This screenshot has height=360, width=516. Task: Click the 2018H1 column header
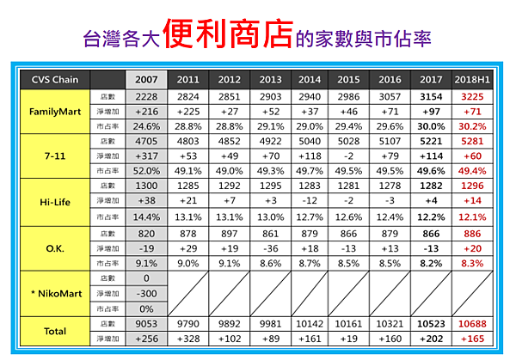click(472, 80)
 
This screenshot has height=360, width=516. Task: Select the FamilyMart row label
click(55, 112)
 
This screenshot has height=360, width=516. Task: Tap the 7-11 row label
click(55, 156)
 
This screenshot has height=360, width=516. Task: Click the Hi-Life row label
click(55, 202)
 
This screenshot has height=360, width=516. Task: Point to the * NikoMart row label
click(56, 293)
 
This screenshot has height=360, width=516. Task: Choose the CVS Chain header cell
click(55, 80)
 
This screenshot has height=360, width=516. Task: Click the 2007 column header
click(146, 80)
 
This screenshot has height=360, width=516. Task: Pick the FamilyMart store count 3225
click(472, 96)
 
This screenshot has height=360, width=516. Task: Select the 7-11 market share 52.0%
click(146, 171)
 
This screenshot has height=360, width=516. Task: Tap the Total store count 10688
click(472, 324)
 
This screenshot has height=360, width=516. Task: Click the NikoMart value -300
click(146, 293)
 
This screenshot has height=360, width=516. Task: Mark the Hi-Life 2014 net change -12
click(310, 200)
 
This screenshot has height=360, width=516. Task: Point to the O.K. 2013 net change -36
click(271, 248)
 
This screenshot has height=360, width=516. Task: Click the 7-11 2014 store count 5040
click(310, 142)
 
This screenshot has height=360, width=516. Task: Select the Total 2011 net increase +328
click(188, 339)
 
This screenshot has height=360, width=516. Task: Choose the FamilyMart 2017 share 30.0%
click(431, 126)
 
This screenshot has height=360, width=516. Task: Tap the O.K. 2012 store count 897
click(230, 234)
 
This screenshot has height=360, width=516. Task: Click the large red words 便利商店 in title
click(228, 34)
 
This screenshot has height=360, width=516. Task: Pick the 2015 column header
click(348, 80)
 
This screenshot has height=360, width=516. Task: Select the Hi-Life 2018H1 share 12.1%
click(472, 217)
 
